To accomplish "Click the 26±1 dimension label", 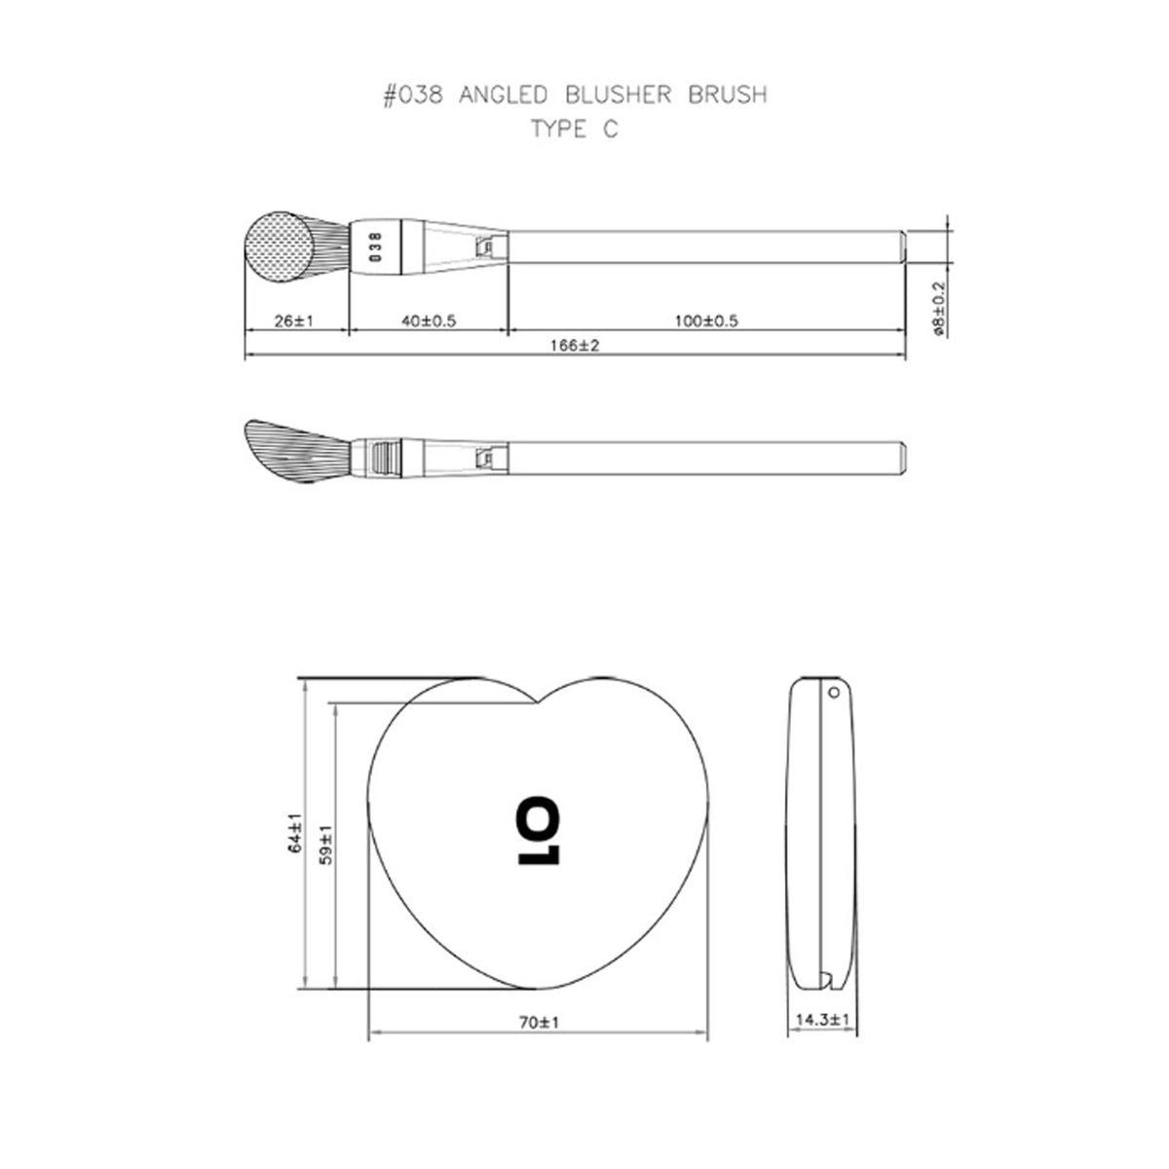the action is [x=293, y=321].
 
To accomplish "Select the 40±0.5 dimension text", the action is [x=429, y=321].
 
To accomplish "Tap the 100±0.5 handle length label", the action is [x=706, y=321].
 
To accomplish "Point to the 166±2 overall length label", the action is [x=575, y=345].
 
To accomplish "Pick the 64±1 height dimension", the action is [x=295, y=832].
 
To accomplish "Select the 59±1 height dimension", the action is [x=326, y=845].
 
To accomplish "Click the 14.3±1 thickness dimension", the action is [x=822, y=1020].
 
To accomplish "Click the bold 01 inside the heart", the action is [x=538, y=830].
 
